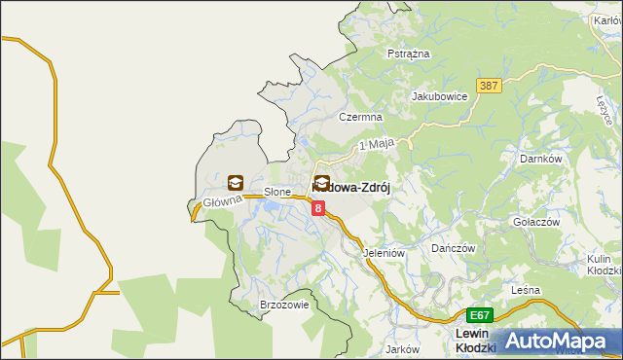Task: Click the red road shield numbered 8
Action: (317, 207)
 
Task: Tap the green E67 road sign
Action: (479, 315)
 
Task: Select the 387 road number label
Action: (489, 87)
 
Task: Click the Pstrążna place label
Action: (409, 54)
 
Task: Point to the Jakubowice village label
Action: (440, 96)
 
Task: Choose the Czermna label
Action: (357, 117)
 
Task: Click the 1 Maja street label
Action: (375, 144)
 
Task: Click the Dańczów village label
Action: (453, 248)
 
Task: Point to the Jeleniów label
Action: (383, 252)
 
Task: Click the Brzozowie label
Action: (284, 305)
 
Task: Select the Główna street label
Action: (221, 203)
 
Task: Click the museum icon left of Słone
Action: (236, 182)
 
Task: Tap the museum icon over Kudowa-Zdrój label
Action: (322, 182)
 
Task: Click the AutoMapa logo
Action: (561, 340)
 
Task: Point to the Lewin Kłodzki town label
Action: (476, 341)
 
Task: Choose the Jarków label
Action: (402, 348)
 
